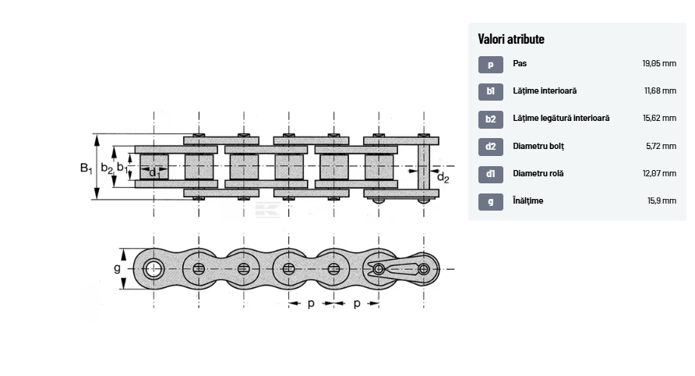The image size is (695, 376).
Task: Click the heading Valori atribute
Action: tap(511, 39)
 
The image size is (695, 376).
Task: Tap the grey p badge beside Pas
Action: tap(490, 64)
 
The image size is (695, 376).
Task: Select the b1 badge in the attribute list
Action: tap(490, 91)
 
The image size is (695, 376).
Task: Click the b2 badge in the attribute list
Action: tap(490, 119)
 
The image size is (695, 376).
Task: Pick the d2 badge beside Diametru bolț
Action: tap(490, 146)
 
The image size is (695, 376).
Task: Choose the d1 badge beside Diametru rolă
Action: tap(490, 173)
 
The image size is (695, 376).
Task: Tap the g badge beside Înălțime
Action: tap(490, 200)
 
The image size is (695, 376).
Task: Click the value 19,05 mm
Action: tap(659, 64)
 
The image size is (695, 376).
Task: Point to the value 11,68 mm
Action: tap(660, 91)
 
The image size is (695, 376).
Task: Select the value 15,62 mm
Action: tap(659, 119)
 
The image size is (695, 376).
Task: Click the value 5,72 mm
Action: tap(661, 146)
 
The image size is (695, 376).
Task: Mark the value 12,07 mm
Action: tap(659, 173)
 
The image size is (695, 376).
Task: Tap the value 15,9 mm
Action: tap(662, 200)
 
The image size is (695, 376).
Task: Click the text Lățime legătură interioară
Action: tap(561, 119)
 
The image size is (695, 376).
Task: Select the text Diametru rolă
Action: tap(538, 173)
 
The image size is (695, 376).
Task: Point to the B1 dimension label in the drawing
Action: tap(86, 167)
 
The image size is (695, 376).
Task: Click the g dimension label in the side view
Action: tap(117, 269)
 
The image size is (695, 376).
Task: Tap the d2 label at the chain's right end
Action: tap(443, 177)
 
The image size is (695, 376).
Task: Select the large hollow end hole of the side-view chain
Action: tap(153, 270)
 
